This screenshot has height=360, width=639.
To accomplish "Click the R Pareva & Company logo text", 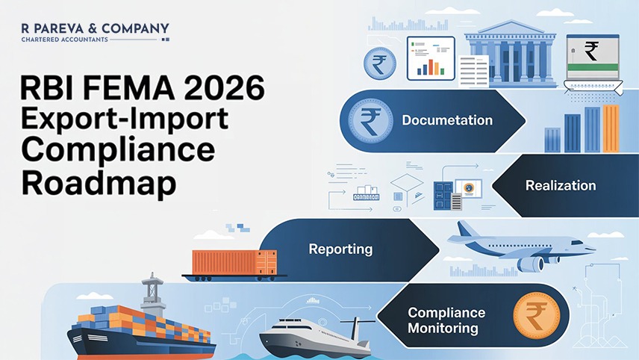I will coord(96,29).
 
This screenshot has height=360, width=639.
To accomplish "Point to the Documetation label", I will coord(446,120).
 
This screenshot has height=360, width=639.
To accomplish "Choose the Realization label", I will coord(561,185).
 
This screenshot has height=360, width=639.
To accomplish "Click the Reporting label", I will coord(340,248).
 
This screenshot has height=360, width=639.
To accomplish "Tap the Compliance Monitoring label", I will coord(446,320).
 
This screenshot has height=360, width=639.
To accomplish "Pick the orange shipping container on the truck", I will coord(234,262).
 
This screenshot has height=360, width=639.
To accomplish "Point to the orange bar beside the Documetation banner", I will coord(611,128).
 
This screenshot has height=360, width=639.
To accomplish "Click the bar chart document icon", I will coord(431,58).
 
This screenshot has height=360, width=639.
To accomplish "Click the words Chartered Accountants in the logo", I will coord(65,39).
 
